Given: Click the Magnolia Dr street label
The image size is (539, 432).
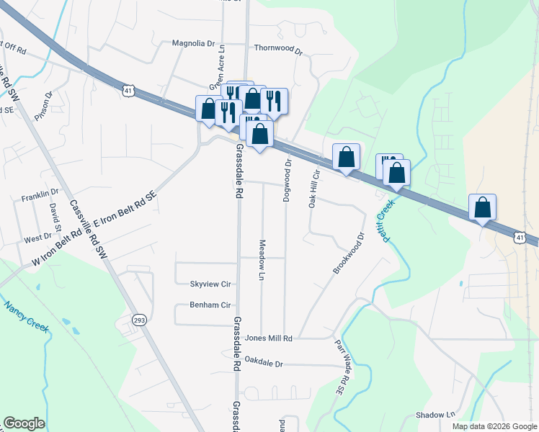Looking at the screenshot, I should [193, 43].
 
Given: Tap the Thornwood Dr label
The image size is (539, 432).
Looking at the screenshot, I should [278, 48].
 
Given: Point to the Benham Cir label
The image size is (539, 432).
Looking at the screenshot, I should [209, 305].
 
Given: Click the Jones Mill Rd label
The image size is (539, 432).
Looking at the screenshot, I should [268, 338].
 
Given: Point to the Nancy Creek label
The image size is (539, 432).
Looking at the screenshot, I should [26, 317].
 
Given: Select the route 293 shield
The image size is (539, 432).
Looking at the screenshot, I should [140, 319].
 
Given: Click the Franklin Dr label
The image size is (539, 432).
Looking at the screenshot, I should [40, 196].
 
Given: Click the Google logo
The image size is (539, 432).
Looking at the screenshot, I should [24, 423].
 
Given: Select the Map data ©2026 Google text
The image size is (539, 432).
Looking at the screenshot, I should [494, 426].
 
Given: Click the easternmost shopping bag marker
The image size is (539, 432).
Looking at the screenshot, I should [482, 207].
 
